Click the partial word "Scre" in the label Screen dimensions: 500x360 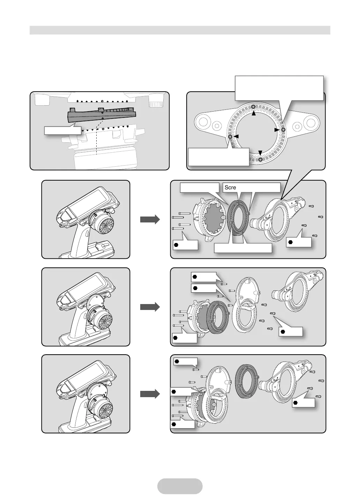[230, 188]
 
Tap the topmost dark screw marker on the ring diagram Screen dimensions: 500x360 [254, 106]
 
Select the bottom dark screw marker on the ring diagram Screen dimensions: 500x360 [261, 159]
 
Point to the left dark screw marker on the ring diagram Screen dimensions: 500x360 [230, 137]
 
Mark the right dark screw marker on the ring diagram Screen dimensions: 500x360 [283, 130]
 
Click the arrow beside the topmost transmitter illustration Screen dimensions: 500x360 [150, 219]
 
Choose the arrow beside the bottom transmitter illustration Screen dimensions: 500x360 [150, 394]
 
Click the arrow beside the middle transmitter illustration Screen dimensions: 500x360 [150, 307]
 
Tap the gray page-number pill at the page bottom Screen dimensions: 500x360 [180, 486]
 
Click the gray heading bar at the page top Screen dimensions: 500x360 [180, 30]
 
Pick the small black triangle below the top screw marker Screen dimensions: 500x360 [254, 113]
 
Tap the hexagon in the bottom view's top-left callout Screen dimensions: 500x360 [177, 361]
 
